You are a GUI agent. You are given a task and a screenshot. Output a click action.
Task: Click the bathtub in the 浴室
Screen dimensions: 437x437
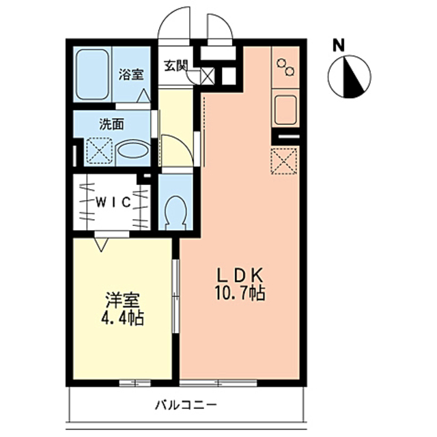(x=92, y=74)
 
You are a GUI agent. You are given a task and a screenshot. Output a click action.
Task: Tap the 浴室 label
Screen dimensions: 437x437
(x=131, y=74)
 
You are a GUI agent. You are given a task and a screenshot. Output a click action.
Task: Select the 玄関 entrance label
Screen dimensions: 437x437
(x=175, y=66)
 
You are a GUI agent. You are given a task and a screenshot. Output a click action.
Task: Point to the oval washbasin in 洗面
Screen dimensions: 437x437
(x=132, y=151)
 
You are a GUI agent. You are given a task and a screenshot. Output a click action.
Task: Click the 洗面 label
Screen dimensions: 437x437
(x=112, y=124)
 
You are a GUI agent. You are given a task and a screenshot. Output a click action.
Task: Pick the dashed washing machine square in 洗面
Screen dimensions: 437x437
(x=100, y=151)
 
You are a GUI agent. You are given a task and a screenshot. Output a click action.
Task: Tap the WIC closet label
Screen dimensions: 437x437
(x=113, y=202)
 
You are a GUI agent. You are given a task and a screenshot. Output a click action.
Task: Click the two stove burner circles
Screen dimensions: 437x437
(x=285, y=67)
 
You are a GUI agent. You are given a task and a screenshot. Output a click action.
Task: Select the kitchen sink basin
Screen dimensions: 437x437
(x=285, y=109)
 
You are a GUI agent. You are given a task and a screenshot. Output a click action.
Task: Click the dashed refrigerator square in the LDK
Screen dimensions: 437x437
(x=284, y=161)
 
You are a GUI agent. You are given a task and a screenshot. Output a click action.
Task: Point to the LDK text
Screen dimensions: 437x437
(x=240, y=276)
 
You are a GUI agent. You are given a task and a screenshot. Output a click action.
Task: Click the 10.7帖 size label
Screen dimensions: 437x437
(x=240, y=293)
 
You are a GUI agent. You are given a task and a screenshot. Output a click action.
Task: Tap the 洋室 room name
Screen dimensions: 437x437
(x=123, y=301)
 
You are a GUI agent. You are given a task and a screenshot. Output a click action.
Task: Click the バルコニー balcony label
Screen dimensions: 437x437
(x=186, y=405)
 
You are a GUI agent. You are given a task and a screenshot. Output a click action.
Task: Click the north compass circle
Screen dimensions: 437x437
(x=350, y=76)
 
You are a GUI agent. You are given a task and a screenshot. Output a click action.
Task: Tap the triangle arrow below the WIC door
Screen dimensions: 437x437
(x=101, y=244)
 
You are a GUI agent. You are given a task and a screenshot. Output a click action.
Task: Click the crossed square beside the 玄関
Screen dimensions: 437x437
(x=208, y=76)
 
